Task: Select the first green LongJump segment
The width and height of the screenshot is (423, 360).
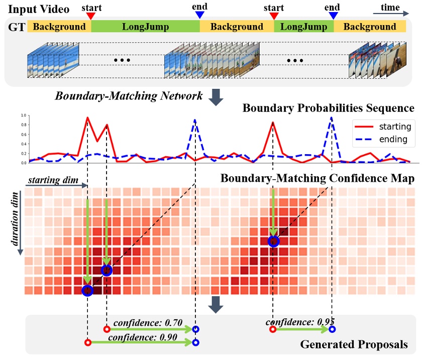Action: [145, 27]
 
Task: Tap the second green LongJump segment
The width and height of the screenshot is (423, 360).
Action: [304, 27]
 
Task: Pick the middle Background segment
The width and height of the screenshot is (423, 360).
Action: [237, 27]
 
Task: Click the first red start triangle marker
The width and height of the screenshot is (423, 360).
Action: [90, 16]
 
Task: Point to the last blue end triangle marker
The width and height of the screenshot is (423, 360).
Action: [332, 16]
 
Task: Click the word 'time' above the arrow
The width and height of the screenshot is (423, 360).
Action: [390, 7]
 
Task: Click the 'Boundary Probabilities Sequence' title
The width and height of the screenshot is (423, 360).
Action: [329, 108]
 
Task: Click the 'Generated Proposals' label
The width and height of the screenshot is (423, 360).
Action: [354, 345]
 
